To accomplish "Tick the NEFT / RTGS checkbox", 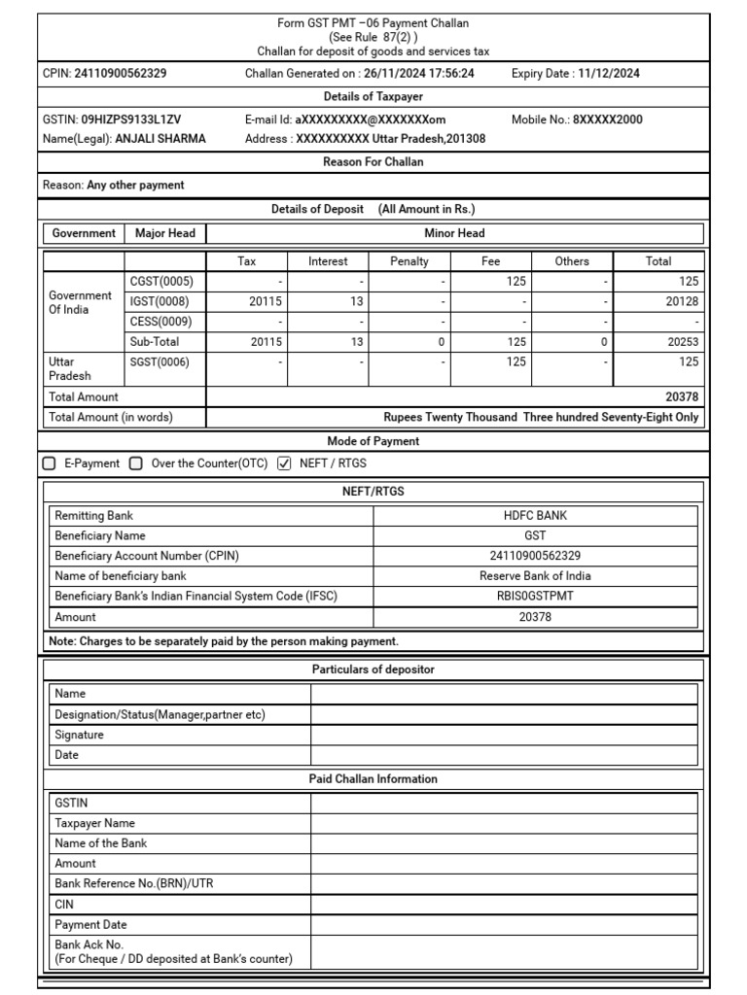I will pos(284,463).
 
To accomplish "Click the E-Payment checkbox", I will pos(50,463).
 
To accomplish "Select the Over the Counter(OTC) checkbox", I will pos(136,463).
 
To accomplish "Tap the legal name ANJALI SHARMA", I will pos(160,139).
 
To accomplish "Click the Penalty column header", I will pos(409,261).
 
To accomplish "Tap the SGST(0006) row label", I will pos(160,362).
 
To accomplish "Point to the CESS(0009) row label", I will pos(160,322).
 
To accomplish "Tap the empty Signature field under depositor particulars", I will pos(504,735).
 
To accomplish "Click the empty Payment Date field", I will pos(504,925).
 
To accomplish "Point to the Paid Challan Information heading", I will pos(373,779).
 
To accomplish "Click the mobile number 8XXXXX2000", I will pos(607,120).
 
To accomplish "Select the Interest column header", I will pos(328,261).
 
